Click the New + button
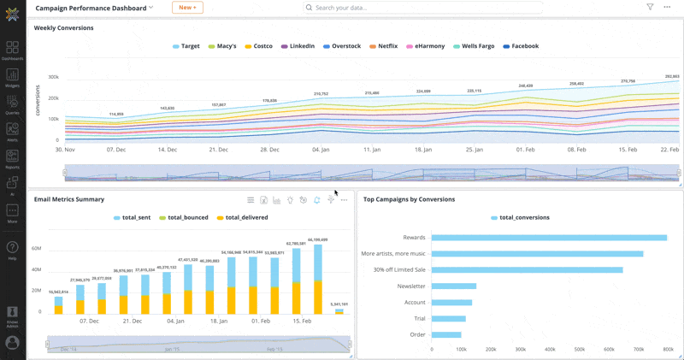187,8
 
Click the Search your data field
423,8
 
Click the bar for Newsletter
454,286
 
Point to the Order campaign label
416,335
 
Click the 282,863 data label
672,77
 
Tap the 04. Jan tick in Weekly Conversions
320,149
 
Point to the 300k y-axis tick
53,77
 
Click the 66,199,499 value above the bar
318,240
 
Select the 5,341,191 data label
339,304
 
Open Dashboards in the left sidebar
13,50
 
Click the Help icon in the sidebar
13,250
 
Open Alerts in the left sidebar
13,132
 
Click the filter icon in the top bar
650,7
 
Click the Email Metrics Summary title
69,199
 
